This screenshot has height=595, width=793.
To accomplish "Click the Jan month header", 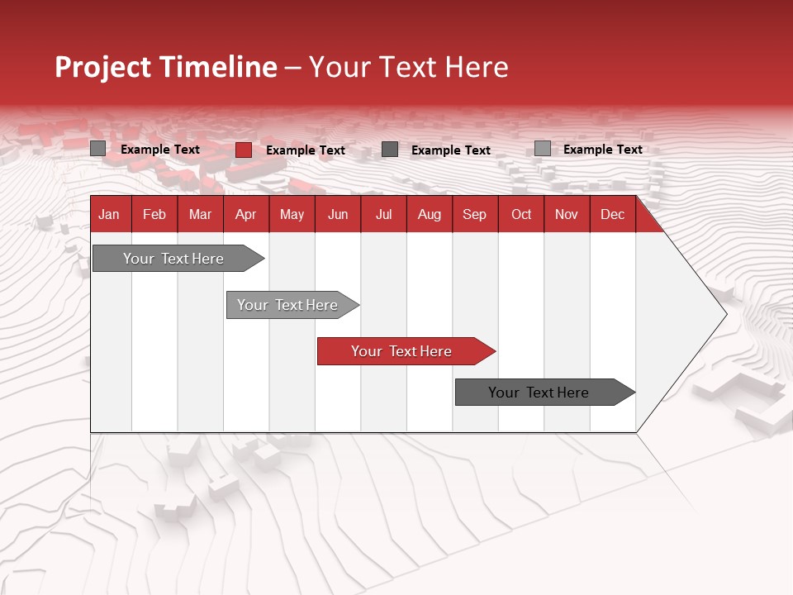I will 109,215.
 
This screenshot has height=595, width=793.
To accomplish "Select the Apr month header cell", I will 245,215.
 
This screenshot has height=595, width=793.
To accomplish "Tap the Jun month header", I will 338,215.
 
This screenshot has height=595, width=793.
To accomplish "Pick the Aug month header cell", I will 429,215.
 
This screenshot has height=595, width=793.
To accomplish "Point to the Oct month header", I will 521,215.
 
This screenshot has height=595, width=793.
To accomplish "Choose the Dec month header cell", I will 612,215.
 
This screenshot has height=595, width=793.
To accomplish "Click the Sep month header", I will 474,215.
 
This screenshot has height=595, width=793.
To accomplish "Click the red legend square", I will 244,150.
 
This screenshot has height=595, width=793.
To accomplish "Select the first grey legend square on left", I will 98,149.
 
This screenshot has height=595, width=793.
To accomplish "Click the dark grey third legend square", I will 390,150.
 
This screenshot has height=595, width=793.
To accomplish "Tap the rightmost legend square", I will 542,149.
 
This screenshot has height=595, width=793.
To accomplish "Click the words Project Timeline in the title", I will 165,67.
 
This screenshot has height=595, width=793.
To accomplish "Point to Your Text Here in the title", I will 408,67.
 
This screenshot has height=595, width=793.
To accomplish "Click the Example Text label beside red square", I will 305,150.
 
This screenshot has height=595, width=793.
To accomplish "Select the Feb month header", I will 154,215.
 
